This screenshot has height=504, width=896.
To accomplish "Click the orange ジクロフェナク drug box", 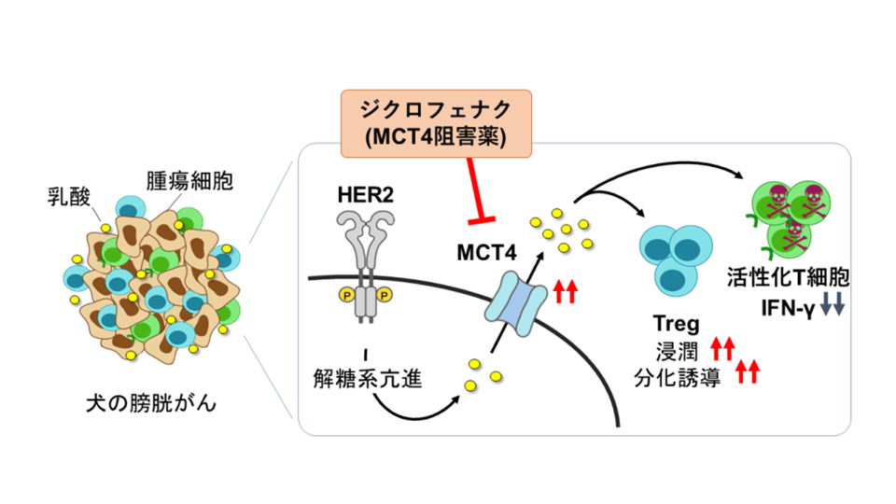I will click(x=436, y=122).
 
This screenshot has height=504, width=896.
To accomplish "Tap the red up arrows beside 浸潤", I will click(x=722, y=349).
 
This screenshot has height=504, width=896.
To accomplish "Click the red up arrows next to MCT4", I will click(x=566, y=292).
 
